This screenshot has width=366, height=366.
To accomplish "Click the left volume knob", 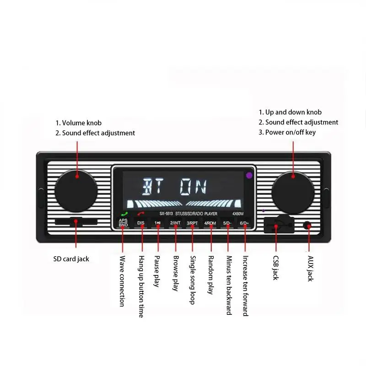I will [x=76, y=190].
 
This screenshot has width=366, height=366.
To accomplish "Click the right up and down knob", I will [x=293, y=190].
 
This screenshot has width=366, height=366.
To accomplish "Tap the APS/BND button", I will [x=123, y=223].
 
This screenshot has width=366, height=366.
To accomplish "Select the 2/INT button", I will [x=175, y=223].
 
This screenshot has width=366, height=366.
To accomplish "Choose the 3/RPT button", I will [x=192, y=223].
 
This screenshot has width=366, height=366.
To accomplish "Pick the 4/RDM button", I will [x=210, y=223].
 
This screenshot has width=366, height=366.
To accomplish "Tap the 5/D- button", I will [x=227, y=223].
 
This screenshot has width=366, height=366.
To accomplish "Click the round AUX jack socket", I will [x=308, y=226].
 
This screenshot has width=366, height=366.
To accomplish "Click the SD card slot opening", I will [x=76, y=222].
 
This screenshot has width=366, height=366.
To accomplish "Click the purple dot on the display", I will [x=249, y=175].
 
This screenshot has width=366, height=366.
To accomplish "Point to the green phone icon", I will [x=123, y=214].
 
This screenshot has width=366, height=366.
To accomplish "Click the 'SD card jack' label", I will [x=71, y=259].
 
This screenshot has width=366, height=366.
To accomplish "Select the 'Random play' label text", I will [x=211, y=274].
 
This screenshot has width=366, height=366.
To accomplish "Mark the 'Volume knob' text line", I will [x=79, y=123].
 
